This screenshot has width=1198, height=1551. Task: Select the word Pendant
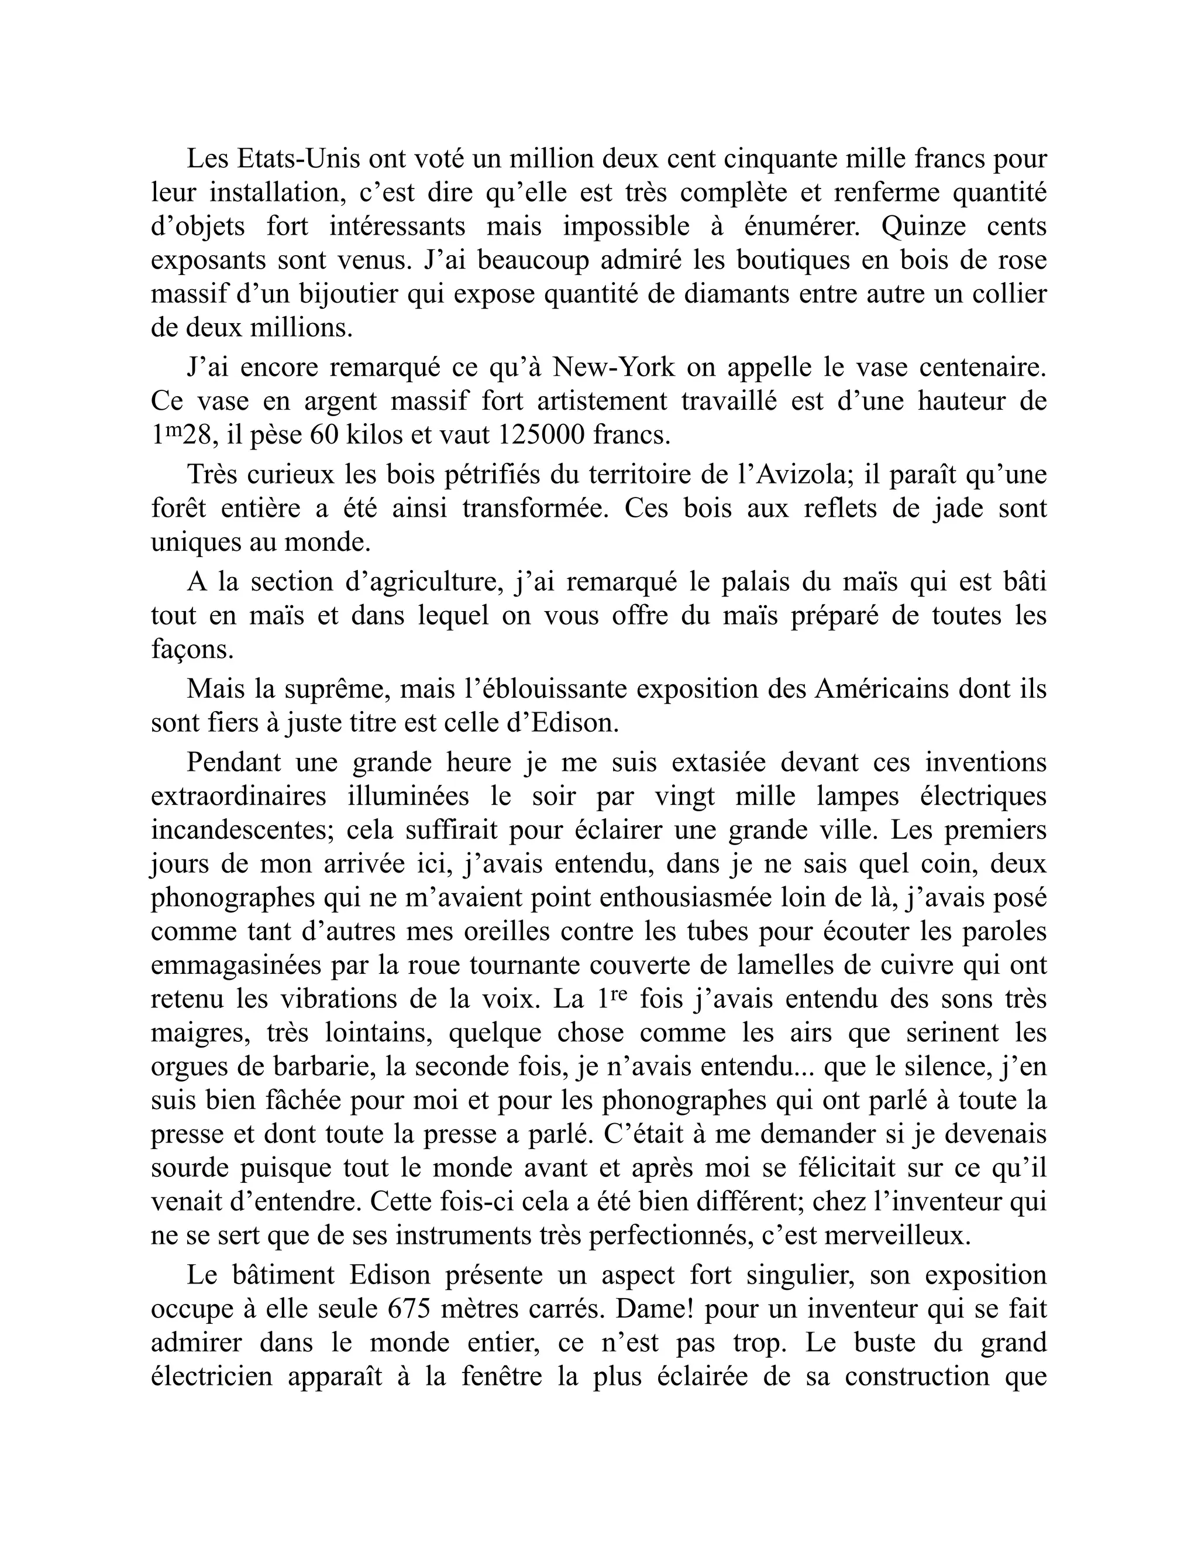pos(233,762)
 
